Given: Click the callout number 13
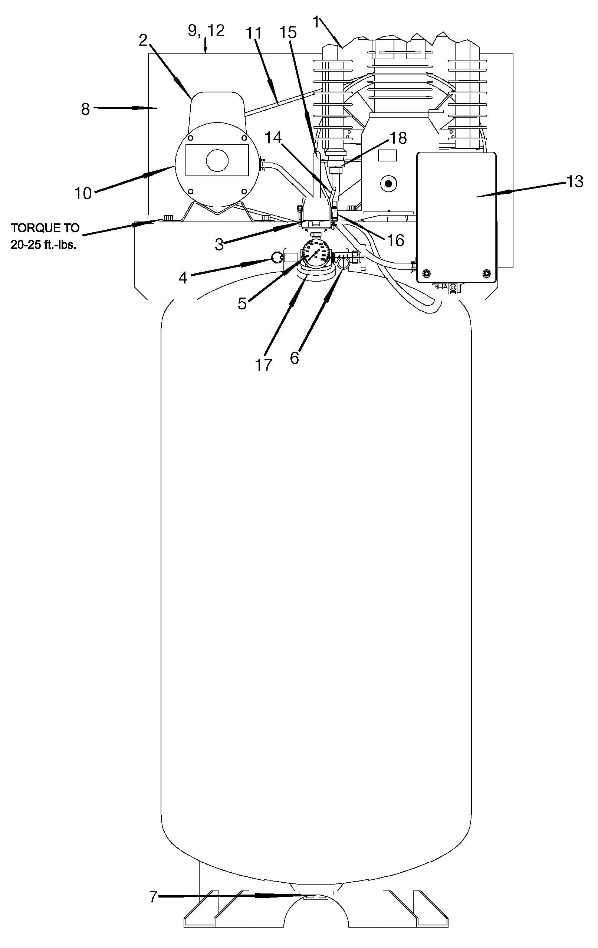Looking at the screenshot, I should point(574,181).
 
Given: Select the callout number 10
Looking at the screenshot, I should point(83,193).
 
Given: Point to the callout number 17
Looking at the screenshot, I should point(263,365).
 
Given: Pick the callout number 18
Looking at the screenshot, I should point(398,138).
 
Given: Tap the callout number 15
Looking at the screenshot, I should point(288,33).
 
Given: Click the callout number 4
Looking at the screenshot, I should point(182,278).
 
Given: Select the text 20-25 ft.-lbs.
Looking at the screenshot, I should point(43,245).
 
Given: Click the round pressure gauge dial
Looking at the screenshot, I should point(317,254).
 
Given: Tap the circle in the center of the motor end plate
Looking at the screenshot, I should point(217,160).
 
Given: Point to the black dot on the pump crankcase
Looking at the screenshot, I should point(388,183).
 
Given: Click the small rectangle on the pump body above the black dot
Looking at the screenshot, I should point(387,155).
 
